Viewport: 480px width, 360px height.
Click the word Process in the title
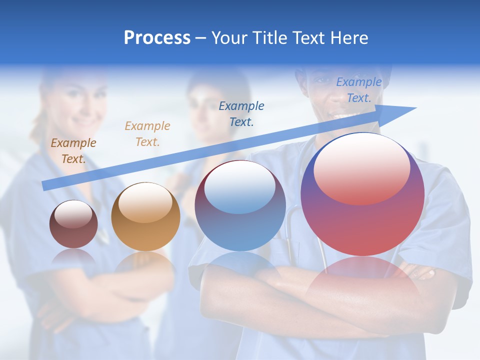pos(157,38)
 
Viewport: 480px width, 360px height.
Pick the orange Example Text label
pos(147,134)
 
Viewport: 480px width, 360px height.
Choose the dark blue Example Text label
pos(241,113)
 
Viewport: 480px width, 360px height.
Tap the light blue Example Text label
pos(358,90)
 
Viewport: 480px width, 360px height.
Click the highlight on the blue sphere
pos(240,187)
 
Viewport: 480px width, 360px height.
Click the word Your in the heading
pos(230,38)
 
